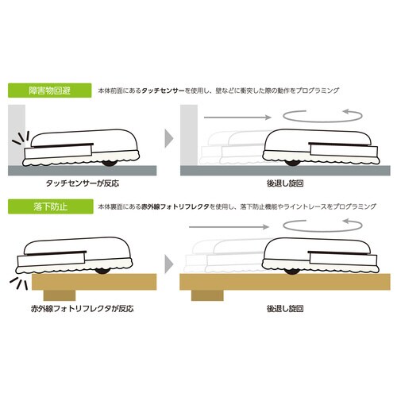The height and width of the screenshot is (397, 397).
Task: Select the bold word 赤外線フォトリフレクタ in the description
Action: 171,207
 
